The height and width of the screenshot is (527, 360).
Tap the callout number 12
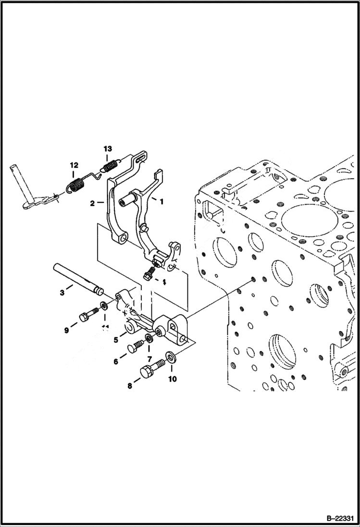[73, 165]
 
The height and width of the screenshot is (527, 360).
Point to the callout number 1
[161, 202]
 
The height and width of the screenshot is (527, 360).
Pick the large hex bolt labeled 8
[149, 371]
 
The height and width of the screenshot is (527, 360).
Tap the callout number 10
[172, 379]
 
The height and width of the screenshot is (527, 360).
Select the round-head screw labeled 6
[134, 347]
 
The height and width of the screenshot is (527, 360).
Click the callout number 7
[149, 359]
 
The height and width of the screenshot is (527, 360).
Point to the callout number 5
[116, 340]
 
